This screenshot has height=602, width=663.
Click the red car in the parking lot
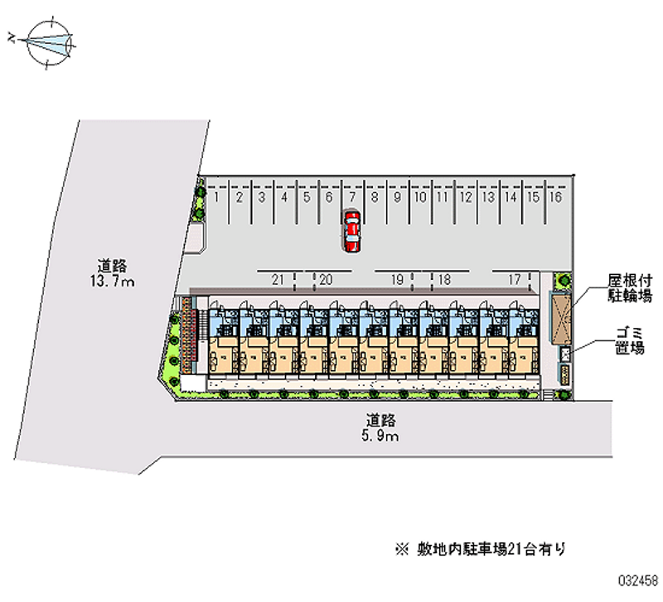[x=352, y=230]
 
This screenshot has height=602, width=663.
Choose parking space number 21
[x=278, y=280]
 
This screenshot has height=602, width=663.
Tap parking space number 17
[x=515, y=280]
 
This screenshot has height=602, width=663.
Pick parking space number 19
[x=398, y=280]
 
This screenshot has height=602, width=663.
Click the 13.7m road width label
[x=114, y=274]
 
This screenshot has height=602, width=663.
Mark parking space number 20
[x=326, y=280]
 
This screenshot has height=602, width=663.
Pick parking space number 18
[x=444, y=280]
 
